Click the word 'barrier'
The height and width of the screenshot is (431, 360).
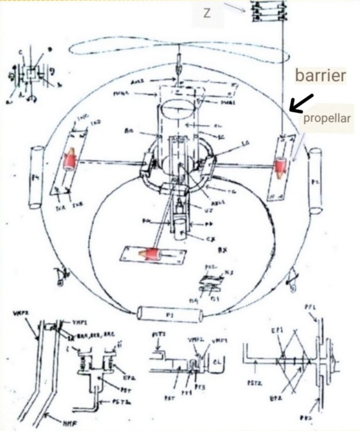point(320,75)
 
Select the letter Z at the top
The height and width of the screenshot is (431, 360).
point(207,13)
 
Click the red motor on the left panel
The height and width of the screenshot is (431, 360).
point(71,161)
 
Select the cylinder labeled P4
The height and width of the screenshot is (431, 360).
point(36,177)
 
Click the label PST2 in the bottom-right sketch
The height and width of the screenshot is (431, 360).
point(252,383)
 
